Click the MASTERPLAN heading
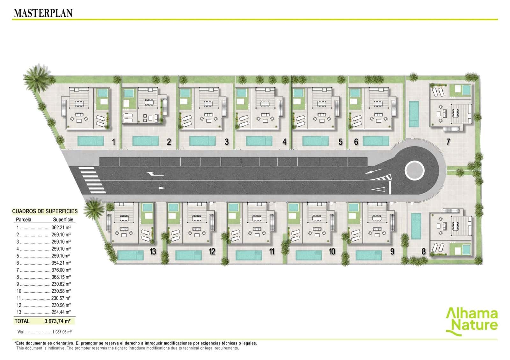coord(43,13)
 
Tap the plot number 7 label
coord(448,142)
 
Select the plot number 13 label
coord(153,251)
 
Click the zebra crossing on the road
coord(92,180)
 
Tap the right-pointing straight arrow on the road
coord(157,188)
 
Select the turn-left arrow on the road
coord(155,174)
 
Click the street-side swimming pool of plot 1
coord(91,141)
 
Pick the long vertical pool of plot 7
coord(414,114)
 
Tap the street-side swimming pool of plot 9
coord(368,255)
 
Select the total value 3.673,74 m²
coord(57,321)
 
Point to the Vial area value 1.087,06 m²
coord(62,332)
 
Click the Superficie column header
coord(63,220)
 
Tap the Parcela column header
coord(24,220)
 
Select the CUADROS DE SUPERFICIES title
coord(45,211)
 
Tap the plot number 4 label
coord(284,142)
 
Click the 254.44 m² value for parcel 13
coord(61,312)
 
